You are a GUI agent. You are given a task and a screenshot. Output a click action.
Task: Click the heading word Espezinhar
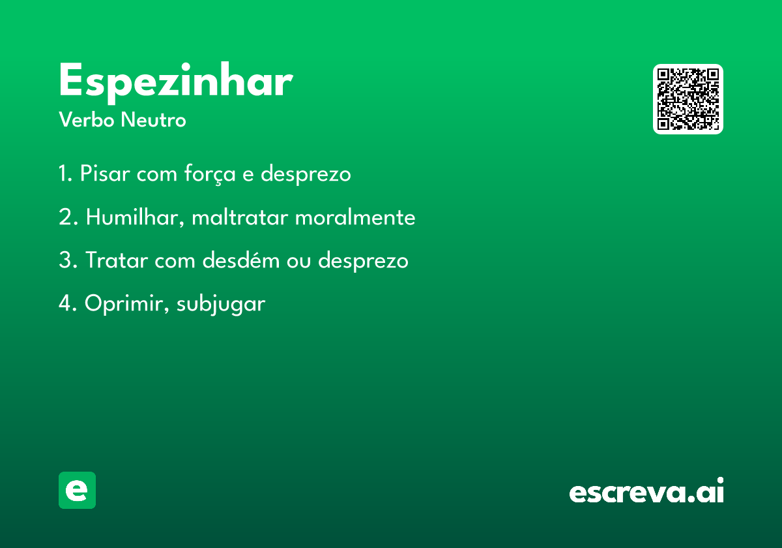coord(176,82)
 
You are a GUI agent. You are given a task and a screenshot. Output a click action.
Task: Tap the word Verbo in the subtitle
coord(87,120)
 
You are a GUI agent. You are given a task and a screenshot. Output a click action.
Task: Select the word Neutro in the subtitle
coord(153,120)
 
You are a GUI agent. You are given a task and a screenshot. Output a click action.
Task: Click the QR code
coord(688,99)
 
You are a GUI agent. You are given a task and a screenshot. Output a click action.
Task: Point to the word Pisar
coord(105,173)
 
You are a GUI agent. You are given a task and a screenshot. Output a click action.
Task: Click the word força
coord(210,174)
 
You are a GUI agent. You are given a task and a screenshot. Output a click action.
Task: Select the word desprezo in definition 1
coord(306,174)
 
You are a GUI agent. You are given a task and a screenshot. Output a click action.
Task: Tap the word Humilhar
coord(135,217)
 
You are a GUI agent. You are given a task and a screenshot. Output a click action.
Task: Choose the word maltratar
coord(240,217)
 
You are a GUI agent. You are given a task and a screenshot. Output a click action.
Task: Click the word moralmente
coord(355,217)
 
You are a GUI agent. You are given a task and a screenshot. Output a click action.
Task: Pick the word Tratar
coord(117,260)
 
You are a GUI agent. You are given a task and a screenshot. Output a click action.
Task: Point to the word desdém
coord(241,260)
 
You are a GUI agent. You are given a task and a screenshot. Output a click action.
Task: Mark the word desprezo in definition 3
coord(363,261)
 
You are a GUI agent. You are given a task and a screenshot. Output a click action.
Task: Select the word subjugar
coord(221,304)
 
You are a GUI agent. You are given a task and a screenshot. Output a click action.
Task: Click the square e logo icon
coord(77,490)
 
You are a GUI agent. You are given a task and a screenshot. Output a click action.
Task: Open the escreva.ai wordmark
coord(646,490)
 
